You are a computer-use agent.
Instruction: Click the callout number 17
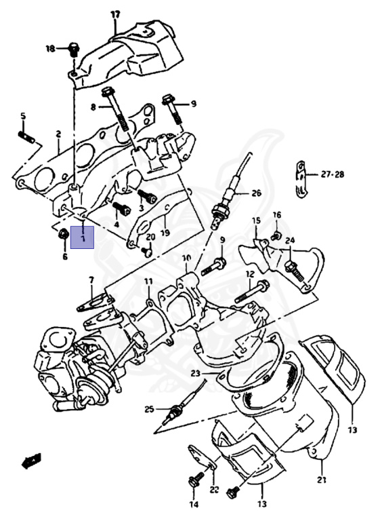pos(115,15)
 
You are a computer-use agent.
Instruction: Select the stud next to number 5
pos(26,137)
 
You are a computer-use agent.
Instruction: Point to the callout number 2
pos(58,134)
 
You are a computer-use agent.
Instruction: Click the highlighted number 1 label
pos(82,237)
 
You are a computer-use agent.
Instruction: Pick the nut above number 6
pos(63,234)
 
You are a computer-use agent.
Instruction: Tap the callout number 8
pos(93,107)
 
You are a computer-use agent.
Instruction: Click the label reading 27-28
pos(333,174)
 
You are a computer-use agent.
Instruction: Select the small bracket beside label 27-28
pos(301,180)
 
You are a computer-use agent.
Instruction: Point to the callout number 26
pos(256,193)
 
